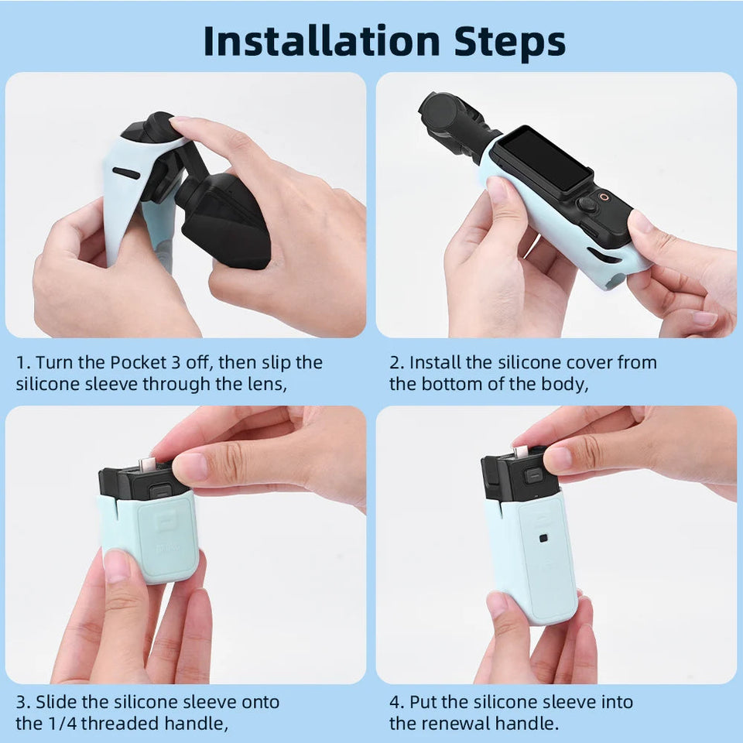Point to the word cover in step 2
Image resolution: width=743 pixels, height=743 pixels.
567,362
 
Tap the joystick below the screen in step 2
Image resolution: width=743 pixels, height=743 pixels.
589,204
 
